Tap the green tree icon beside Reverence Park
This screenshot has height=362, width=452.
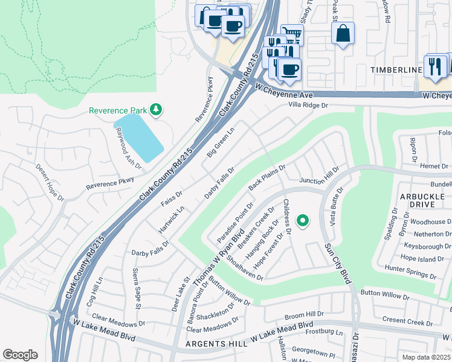point(157,109)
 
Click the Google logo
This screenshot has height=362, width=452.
point(20,354)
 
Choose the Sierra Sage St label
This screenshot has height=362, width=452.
point(137,289)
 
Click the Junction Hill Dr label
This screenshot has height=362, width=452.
point(319,175)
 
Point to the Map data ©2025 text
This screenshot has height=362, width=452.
point(427,357)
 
